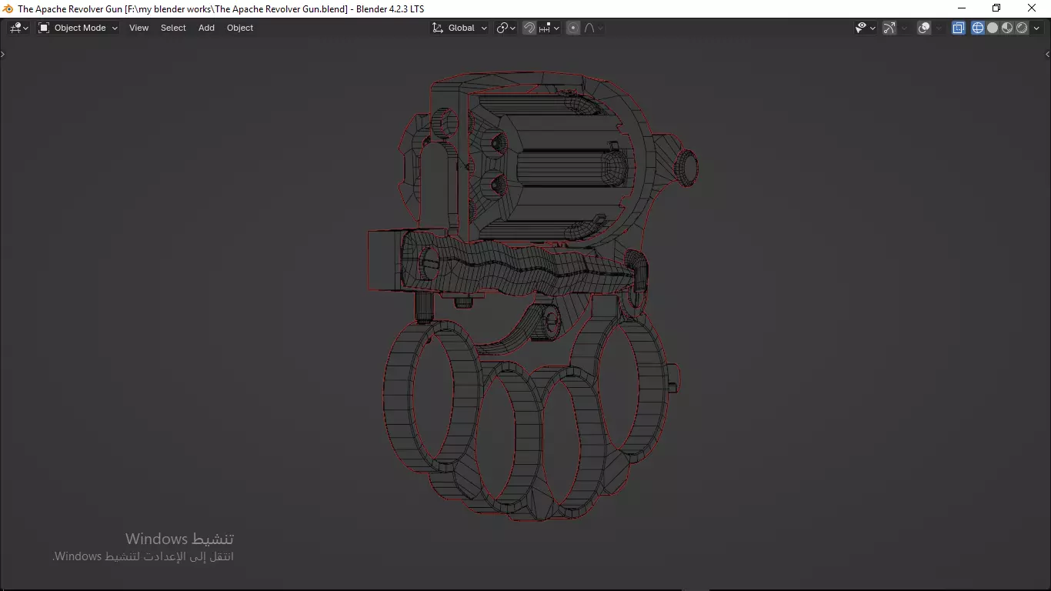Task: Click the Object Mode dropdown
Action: pos(78,28)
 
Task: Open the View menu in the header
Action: pos(138,28)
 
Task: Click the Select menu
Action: pos(173,28)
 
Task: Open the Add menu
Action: pos(206,28)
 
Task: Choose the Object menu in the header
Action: pos(240,28)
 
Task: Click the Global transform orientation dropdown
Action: pos(460,28)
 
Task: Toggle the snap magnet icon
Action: pos(529,28)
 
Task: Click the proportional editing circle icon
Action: pos(573,28)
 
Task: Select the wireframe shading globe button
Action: pos(978,28)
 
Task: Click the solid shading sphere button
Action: pos(993,28)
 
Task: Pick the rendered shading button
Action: pos(1022,28)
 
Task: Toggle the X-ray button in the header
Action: pos(959,28)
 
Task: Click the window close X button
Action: pos(1033,8)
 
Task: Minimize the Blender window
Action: pos(962,8)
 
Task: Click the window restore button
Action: pos(996,8)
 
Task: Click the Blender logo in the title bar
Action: pos(8,8)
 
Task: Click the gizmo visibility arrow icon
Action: pos(889,28)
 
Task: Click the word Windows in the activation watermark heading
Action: pos(156,539)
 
